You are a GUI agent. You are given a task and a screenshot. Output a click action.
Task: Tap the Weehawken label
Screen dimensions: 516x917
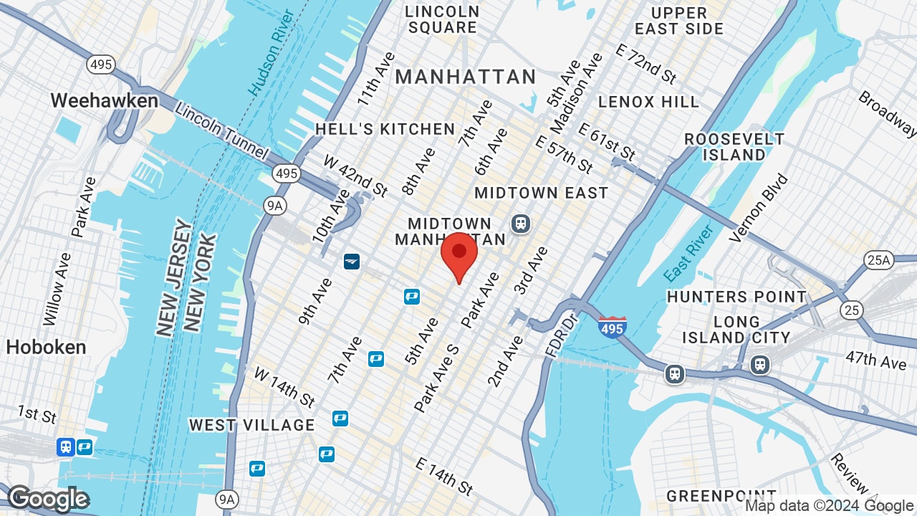[105, 101]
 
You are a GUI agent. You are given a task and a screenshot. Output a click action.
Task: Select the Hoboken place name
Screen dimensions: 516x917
[46, 348]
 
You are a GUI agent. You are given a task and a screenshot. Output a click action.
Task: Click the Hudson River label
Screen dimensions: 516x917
[271, 53]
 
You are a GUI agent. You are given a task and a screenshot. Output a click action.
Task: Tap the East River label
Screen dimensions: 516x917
[688, 252]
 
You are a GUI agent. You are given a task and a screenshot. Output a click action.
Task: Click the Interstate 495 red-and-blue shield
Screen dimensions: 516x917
[612, 326]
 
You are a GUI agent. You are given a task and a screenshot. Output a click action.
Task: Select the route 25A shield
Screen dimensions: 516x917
[878, 260]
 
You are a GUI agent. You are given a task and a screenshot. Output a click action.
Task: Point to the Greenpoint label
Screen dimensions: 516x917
[721, 496]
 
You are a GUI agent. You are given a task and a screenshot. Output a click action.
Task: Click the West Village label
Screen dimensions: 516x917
[252, 425]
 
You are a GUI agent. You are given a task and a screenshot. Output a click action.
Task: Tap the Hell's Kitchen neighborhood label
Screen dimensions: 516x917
[385, 129]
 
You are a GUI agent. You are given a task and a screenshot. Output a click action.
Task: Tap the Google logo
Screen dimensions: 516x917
[48, 499]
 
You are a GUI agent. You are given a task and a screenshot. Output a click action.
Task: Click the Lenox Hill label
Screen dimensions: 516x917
[648, 102]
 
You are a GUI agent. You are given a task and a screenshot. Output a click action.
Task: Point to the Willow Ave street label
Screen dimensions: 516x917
[57, 288]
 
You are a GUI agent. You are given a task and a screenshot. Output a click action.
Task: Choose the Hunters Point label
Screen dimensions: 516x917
[736, 297]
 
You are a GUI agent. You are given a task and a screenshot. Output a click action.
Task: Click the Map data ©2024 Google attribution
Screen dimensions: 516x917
[828, 506]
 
